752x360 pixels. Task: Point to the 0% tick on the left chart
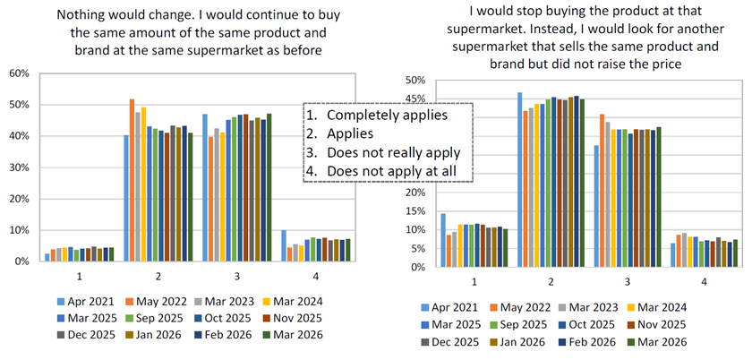20,261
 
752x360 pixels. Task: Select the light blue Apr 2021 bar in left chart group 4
284,245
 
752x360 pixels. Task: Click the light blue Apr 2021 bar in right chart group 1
442,240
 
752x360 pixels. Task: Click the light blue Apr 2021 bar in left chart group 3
205,187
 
